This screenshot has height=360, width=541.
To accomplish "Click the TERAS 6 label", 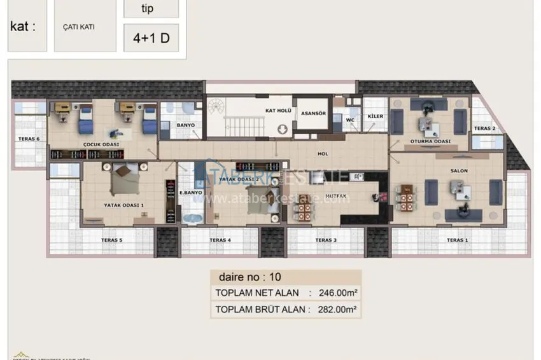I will click(29, 139).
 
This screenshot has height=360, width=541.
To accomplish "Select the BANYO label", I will click(186, 125).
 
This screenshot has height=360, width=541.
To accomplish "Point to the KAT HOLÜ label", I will click(278, 111).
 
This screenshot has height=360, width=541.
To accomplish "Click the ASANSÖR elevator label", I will click(313, 113).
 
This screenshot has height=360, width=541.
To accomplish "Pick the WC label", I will click(350, 119).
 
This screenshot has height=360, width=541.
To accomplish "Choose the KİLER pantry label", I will click(376, 116).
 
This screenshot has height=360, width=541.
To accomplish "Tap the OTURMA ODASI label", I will click(430, 141).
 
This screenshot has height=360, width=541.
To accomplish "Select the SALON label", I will click(459, 171).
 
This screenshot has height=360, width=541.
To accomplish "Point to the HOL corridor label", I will click(322, 153).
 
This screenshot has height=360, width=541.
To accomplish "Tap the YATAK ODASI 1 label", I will click(124, 205).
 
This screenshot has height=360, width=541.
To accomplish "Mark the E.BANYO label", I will click(190, 192).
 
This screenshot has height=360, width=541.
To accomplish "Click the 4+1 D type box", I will click(151, 38).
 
